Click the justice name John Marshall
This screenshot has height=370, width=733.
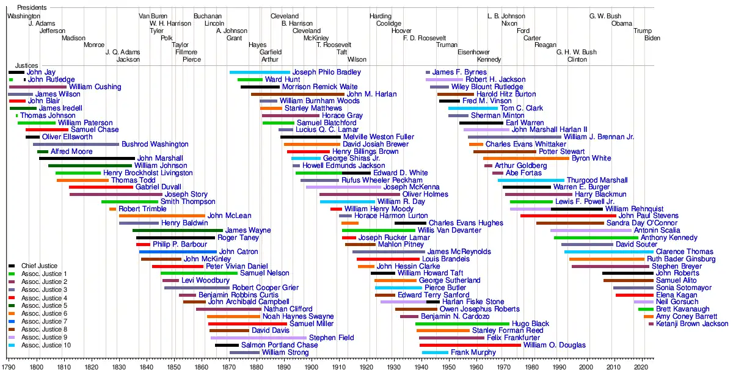point(159,159)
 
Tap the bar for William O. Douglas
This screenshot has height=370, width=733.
point(470,345)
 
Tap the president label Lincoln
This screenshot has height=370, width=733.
point(214,23)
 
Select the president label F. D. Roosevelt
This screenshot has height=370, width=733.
point(425,38)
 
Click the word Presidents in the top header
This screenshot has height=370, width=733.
point(32,7)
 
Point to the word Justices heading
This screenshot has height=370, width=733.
point(27,65)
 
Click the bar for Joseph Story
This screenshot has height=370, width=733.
point(116,195)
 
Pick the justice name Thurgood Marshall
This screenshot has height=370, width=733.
point(597,180)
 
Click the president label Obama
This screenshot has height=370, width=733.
point(622,23)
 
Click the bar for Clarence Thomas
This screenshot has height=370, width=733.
point(608,252)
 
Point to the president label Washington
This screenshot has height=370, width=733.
point(24,16)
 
